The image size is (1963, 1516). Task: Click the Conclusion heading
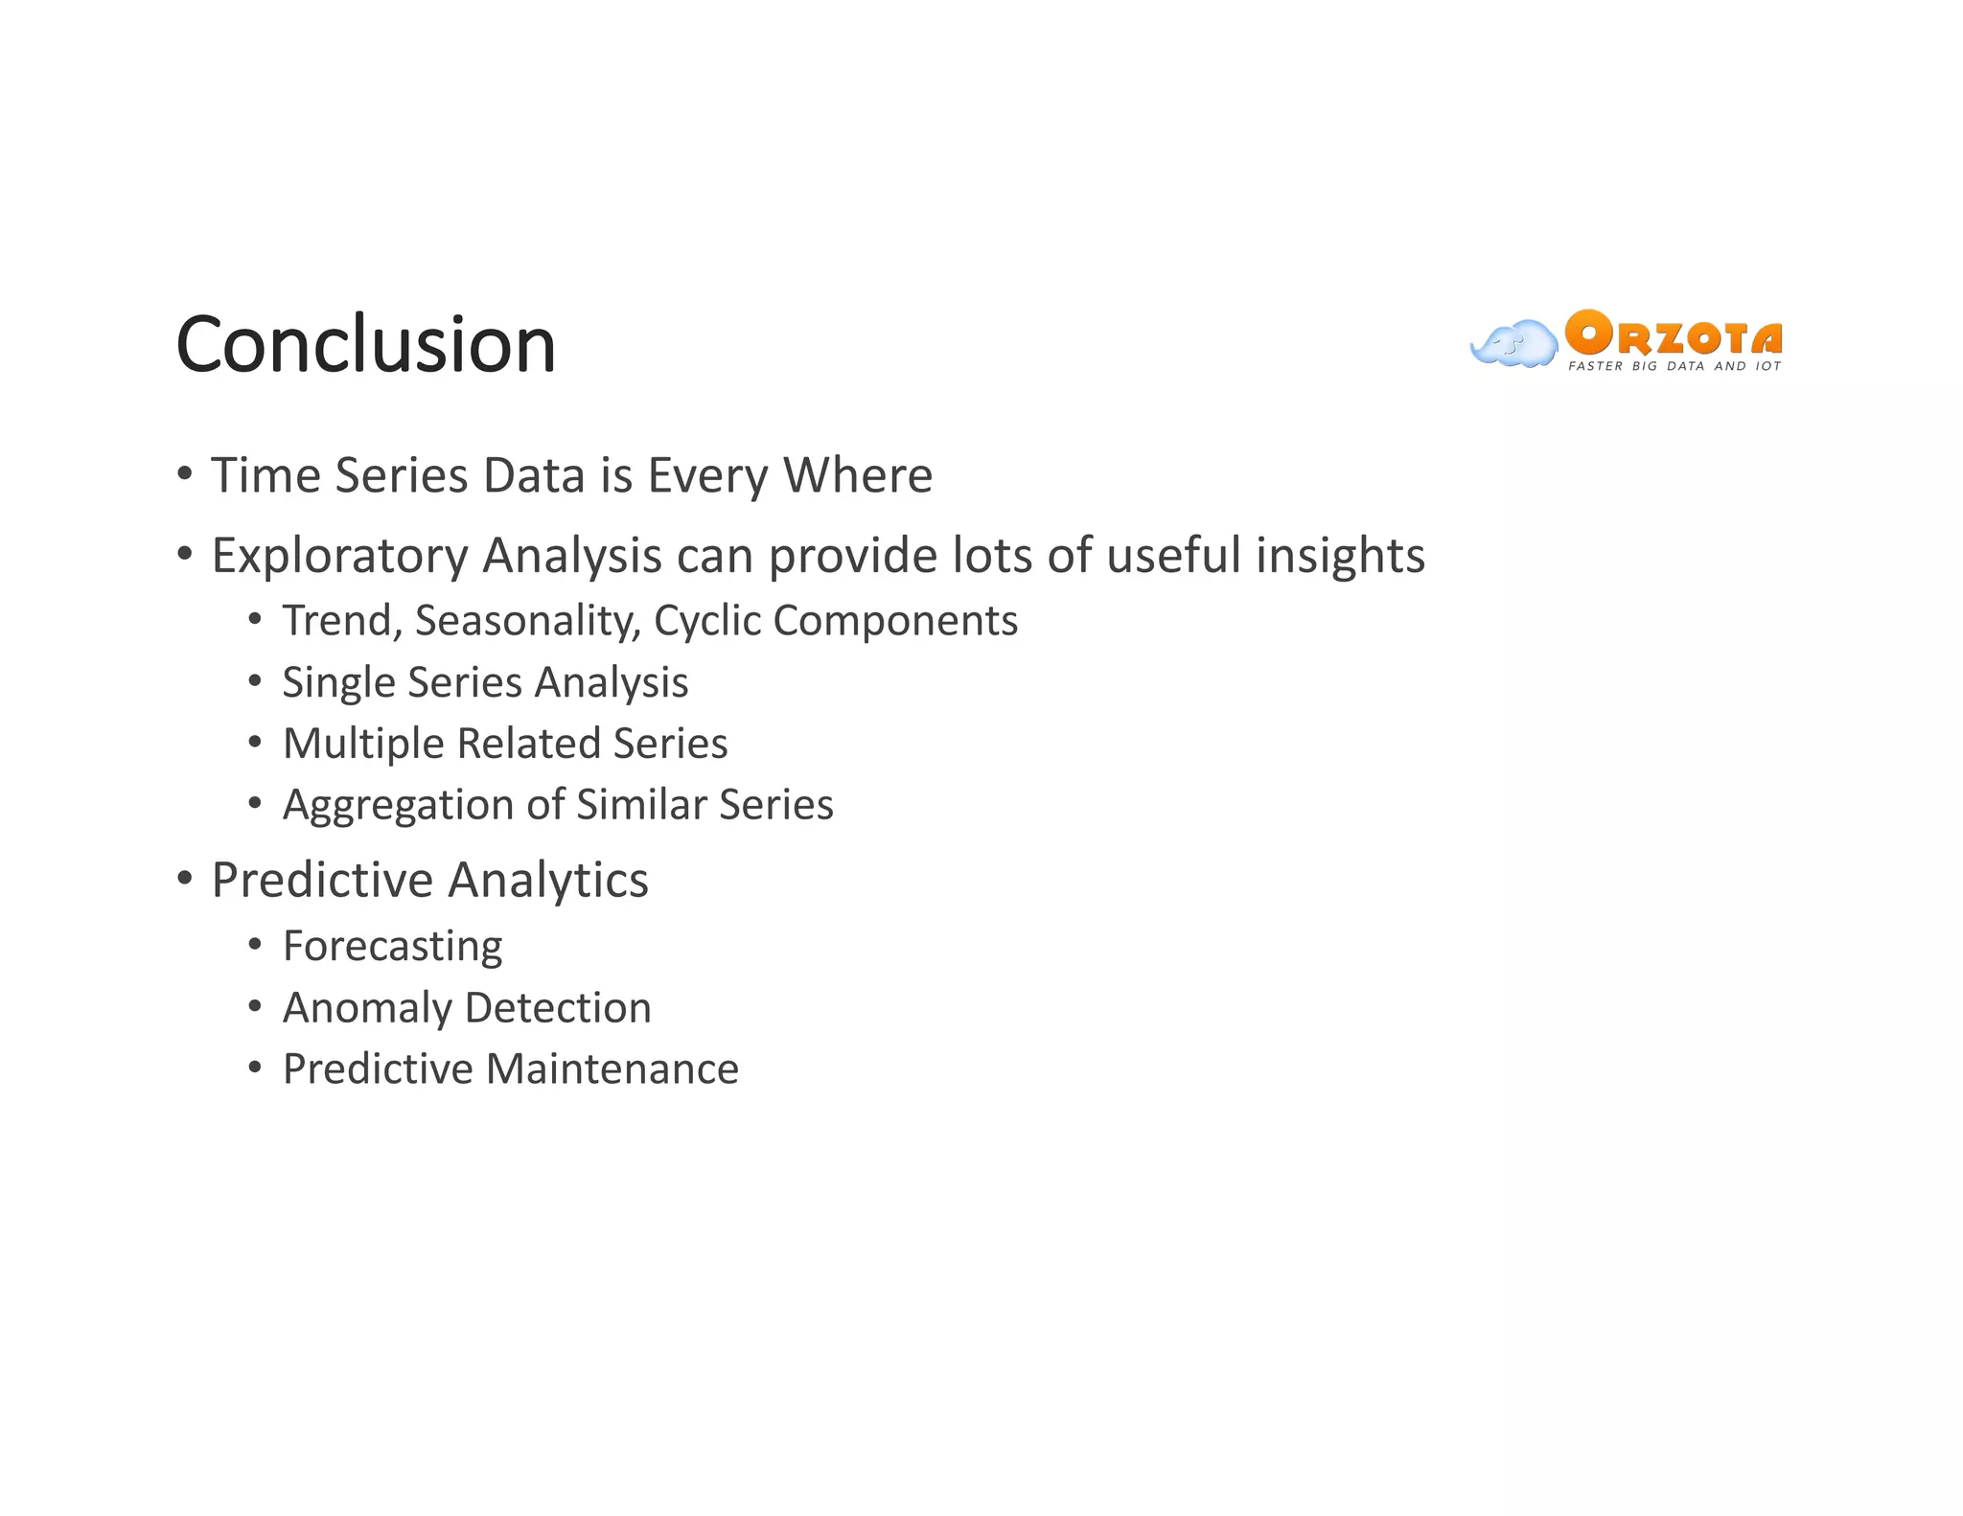click(x=365, y=345)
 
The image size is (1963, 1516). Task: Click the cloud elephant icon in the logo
click(x=1513, y=343)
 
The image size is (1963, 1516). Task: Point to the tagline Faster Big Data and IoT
click(x=1674, y=366)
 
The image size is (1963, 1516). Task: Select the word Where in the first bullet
click(x=857, y=475)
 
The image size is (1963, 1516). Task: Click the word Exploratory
click(x=339, y=556)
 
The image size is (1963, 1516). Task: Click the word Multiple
click(x=362, y=744)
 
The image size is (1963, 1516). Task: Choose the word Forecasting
click(x=392, y=947)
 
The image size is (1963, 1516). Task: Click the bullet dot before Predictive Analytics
click(x=185, y=878)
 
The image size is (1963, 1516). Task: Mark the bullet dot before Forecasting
click(x=254, y=946)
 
